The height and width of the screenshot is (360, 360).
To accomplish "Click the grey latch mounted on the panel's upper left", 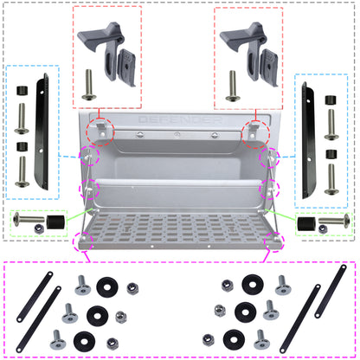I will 100,131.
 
